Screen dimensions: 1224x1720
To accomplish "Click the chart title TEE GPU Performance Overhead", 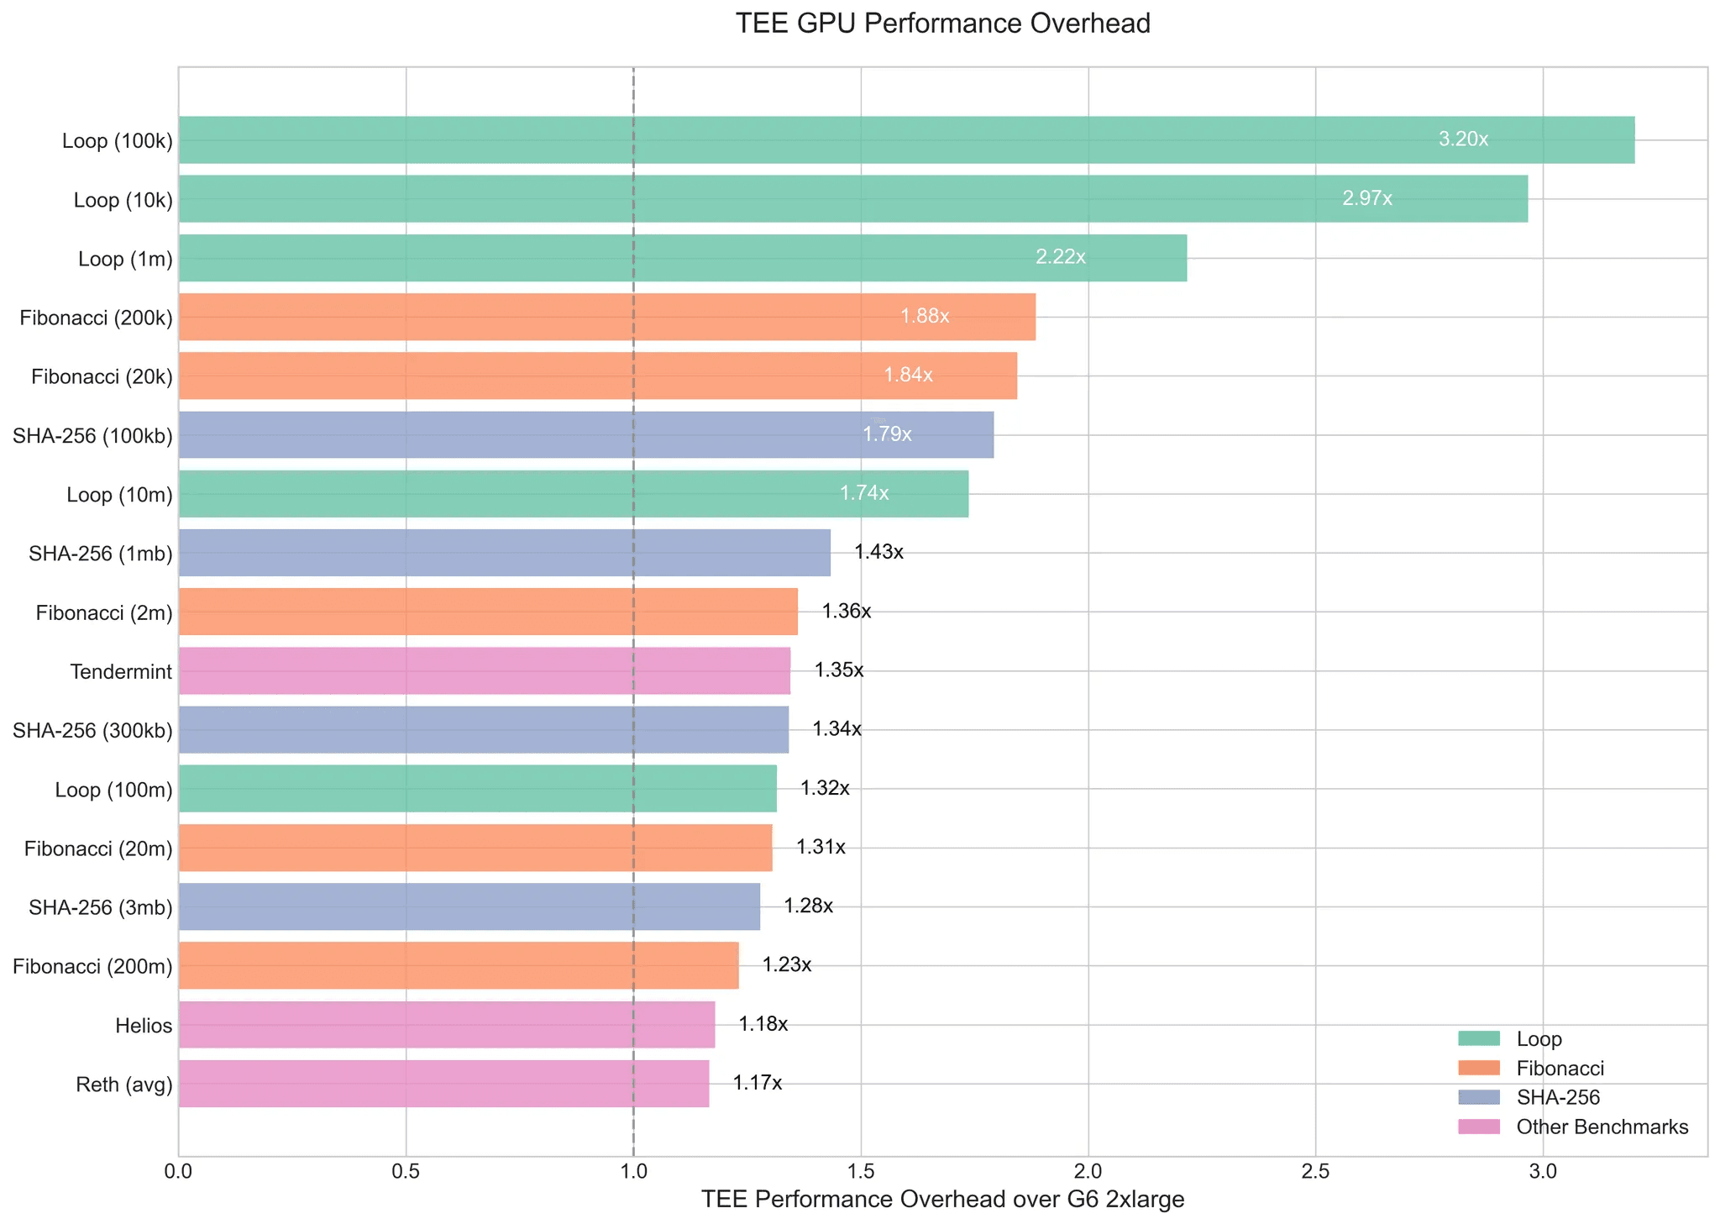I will pyautogui.click(x=942, y=24).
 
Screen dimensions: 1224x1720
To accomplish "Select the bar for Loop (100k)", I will pyautogui.click(x=906, y=140).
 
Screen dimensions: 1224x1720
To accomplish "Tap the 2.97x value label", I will pyautogui.click(x=1367, y=199).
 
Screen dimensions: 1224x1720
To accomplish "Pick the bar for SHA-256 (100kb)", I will pyautogui.click(x=585, y=435).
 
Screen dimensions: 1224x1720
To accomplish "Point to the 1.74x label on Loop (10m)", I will pyautogui.click(x=863, y=494).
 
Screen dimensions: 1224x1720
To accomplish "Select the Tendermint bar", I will pyautogui.click(x=484, y=671).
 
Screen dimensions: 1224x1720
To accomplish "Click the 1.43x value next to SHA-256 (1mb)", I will pyautogui.click(x=878, y=553).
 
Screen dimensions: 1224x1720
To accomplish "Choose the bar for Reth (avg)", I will pyautogui.click(x=443, y=1084).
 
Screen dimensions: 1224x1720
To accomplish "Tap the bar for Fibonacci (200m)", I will pyautogui.click(x=458, y=966).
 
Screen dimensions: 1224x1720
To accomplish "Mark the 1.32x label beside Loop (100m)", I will pyautogui.click(x=825, y=789).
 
